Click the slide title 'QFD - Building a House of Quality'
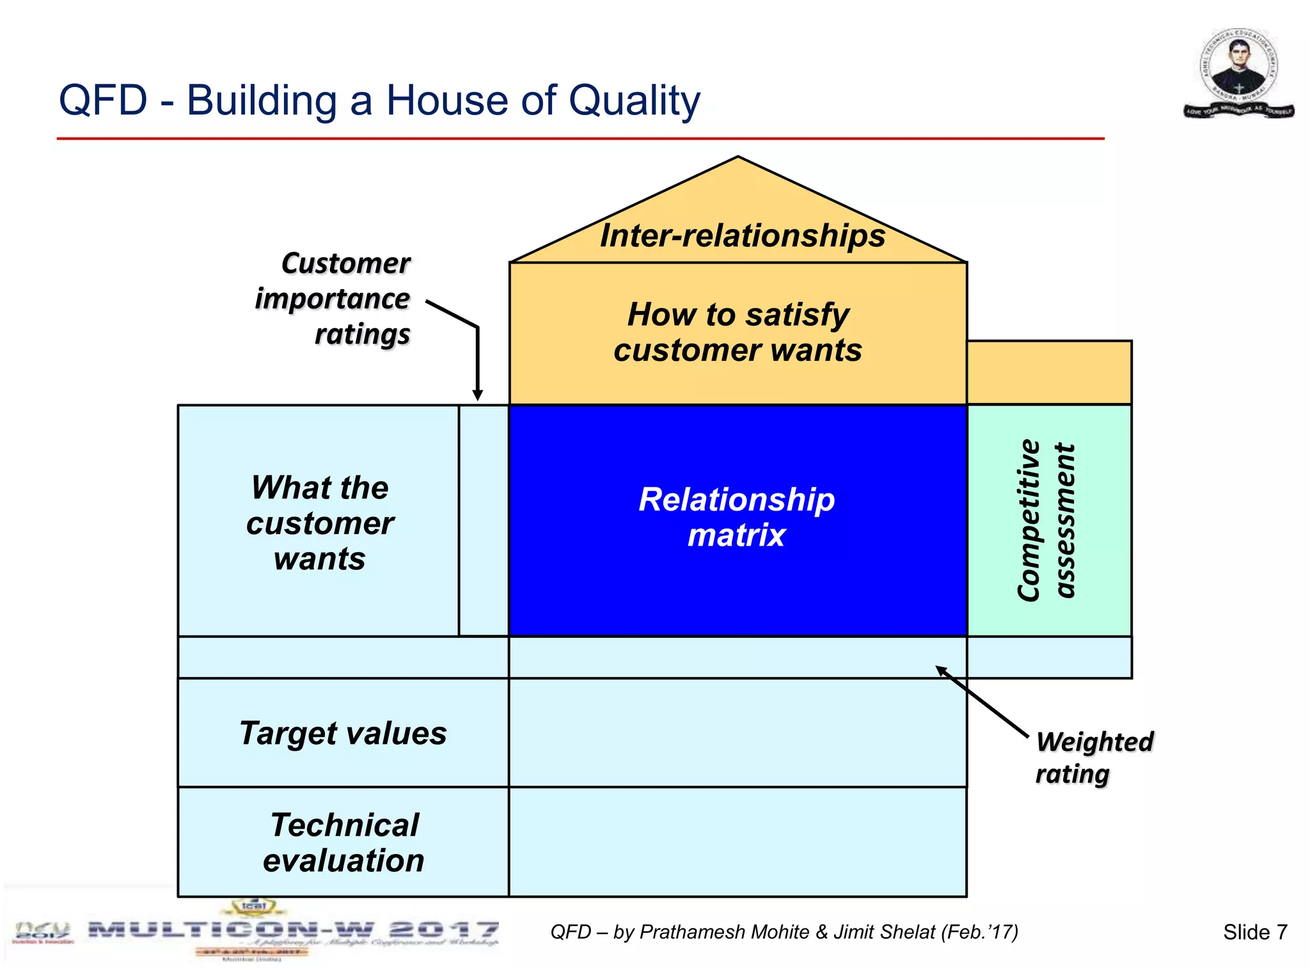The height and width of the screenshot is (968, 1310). [379, 100]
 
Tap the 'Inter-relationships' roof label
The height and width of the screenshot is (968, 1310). [742, 235]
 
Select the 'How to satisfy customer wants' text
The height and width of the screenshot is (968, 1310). [738, 332]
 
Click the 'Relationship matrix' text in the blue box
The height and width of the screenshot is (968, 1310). [737, 517]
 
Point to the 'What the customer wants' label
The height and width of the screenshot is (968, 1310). [320, 523]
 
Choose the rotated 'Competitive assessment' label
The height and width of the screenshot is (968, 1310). [1046, 520]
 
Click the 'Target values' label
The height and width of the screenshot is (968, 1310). [343, 733]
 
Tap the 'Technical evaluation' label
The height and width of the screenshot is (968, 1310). [343, 842]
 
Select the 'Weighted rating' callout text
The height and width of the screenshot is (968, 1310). [1094, 758]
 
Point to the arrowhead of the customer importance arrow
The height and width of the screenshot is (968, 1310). [477, 396]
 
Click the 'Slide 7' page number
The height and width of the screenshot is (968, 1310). [1254, 932]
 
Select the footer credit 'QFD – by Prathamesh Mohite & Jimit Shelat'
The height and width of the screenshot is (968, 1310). [784, 932]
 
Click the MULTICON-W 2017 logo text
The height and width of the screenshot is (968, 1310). [293, 930]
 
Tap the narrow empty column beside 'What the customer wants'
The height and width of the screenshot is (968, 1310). [484, 520]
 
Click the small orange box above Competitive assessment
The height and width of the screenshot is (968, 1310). [1049, 372]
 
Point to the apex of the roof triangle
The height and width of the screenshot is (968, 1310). [738, 158]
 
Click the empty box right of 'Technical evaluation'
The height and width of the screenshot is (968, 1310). [737, 842]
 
